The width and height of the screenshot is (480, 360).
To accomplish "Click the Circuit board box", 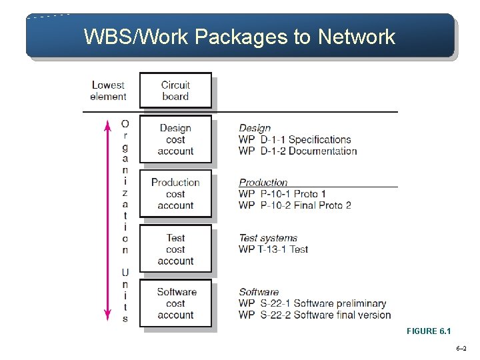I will coord(175,90).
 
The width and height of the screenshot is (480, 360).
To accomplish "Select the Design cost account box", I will coord(175,139).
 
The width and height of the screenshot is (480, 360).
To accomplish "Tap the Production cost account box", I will coord(175,194).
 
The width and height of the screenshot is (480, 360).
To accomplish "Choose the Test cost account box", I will coord(175,249).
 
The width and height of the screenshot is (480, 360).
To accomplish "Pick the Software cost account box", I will coord(175,303).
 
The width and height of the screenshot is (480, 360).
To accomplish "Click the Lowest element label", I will coord(108,91).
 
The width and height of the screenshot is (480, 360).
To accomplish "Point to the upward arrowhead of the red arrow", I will coord(107,123).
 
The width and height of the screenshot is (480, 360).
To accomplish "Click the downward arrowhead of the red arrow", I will coord(107,317).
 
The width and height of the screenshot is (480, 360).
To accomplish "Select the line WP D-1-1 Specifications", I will coord(295,139).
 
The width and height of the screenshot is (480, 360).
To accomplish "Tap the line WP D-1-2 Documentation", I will coord(297,151).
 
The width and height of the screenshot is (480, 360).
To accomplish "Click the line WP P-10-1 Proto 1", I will coord(282,194).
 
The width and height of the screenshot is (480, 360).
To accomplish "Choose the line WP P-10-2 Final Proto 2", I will coord(295,205).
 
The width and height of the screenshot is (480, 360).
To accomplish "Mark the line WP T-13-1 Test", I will coord(273,249).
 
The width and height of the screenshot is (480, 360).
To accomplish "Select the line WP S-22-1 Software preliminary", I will coord(312,304).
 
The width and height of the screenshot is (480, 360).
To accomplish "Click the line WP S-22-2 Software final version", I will coord(315,315).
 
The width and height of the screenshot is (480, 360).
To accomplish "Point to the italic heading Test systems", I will coord(268,238).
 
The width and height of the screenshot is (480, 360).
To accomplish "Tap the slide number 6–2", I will coord(461,349).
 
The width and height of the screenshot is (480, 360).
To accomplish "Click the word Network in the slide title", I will coord(357,37).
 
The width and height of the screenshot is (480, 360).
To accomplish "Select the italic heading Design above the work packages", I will coord(255,128).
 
